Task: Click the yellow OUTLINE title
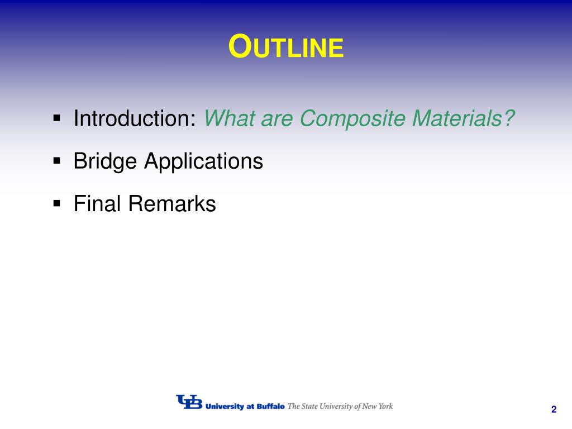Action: [x=286, y=46]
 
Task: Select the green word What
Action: [x=229, y=118]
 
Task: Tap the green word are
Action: [x=277, y=121]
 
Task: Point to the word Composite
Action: [x=352, y=119]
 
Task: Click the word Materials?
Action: [x=463, y=118]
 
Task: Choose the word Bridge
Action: [x=105, y=161]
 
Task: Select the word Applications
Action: [x=203, y=161]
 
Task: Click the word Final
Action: [x=97, y=203]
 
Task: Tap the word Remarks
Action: [x=172, y=203]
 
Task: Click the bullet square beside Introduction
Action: [x=56, y=118]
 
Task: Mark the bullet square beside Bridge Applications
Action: [x=56, y=160]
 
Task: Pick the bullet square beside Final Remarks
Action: [x=56, y=203]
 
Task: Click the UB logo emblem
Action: [x=189, y=402]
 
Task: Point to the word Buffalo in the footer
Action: [x=270, y=407]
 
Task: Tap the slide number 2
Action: [x=554, y=409]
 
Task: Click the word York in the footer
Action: [x=385, y=406]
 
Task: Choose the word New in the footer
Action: [x=369, y=406]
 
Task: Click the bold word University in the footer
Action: [x=225, y=407]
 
